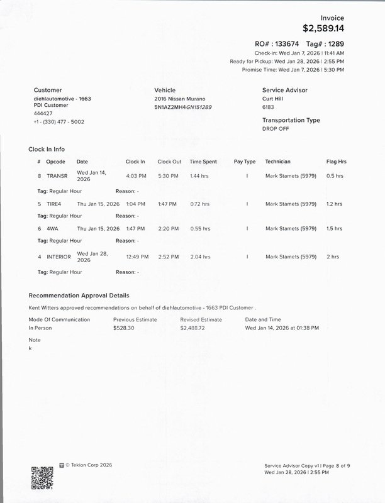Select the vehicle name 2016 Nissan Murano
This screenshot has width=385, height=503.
tap(179, 99)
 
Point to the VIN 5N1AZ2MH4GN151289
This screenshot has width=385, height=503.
tap(182, 107)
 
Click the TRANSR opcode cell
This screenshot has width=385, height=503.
tap(56, 176)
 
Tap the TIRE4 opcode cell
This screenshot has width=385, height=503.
tap(55, 204)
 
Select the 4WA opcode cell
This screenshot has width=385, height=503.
tap(52, 229)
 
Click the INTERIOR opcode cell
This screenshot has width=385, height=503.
tap(59, 257)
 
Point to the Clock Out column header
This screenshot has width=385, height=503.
tap(169, 162)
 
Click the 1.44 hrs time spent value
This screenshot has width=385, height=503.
tap(200, 176)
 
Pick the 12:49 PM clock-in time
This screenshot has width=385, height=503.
tap(137, 257)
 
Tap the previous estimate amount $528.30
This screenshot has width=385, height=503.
tap(124, 328)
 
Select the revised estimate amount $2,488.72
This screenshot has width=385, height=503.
tap(192, 328)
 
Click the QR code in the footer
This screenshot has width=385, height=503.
tap(42, 475)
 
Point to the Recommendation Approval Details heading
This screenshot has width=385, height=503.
tap(79, 295)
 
